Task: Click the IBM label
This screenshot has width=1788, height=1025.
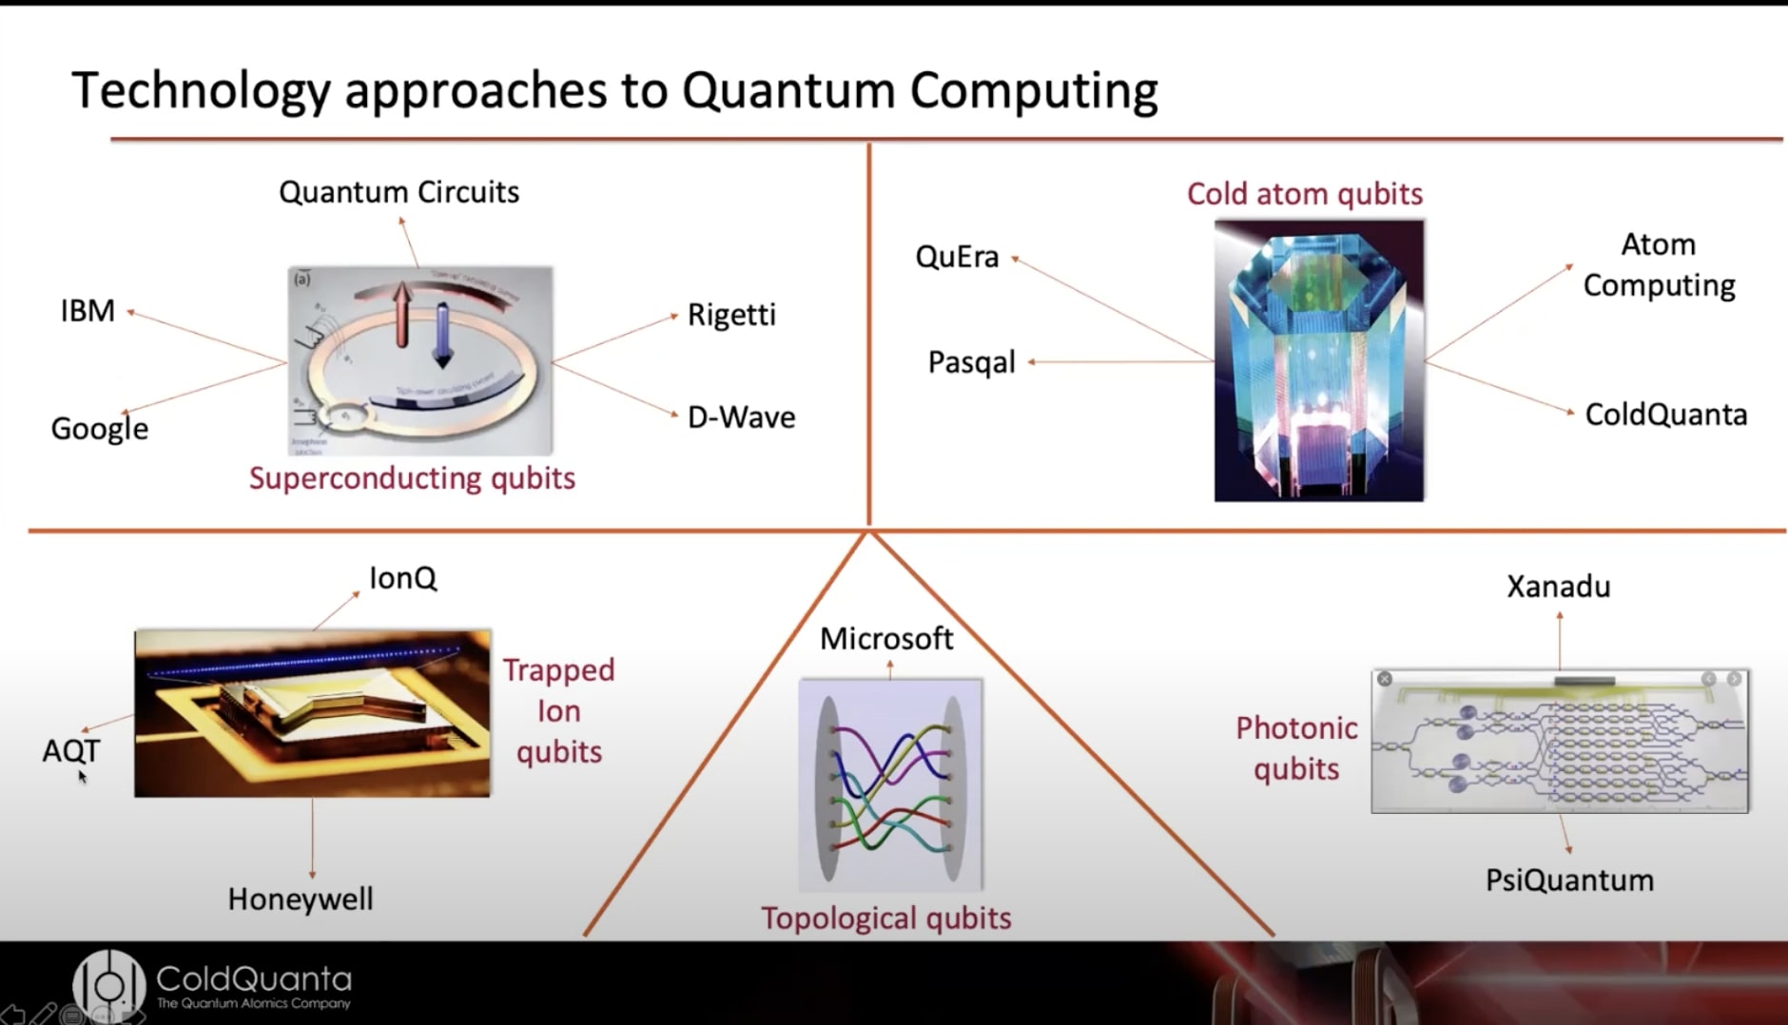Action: click(87, 311)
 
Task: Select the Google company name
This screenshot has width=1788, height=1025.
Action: click(99, 428)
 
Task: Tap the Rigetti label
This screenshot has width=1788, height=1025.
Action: click(731, 315)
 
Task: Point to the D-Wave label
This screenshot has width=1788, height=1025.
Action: click(741, 416)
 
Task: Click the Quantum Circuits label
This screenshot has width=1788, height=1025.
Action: click(398, 192)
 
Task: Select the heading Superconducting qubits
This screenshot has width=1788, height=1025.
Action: click(412, 477)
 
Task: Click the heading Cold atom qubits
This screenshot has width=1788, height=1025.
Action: click(1304, 194)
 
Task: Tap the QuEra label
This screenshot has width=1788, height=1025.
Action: click(957, 257)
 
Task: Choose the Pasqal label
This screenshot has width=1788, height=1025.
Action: click(971, 362)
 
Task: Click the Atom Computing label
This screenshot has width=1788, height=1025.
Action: click(1659, 264)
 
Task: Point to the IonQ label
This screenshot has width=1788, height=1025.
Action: click(402, 578)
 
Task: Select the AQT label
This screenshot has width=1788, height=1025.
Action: click(70, 750)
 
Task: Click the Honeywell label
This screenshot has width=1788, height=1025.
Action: click(301, 899)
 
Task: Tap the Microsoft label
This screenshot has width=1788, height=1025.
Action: click(885, 638)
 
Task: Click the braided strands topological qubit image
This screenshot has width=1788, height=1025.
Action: click(890, 785)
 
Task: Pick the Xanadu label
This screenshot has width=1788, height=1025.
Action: click(1558, 587)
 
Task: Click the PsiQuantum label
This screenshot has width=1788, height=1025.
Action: click(1569, 880)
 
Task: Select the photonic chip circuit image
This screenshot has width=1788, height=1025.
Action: click(1559, 742)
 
